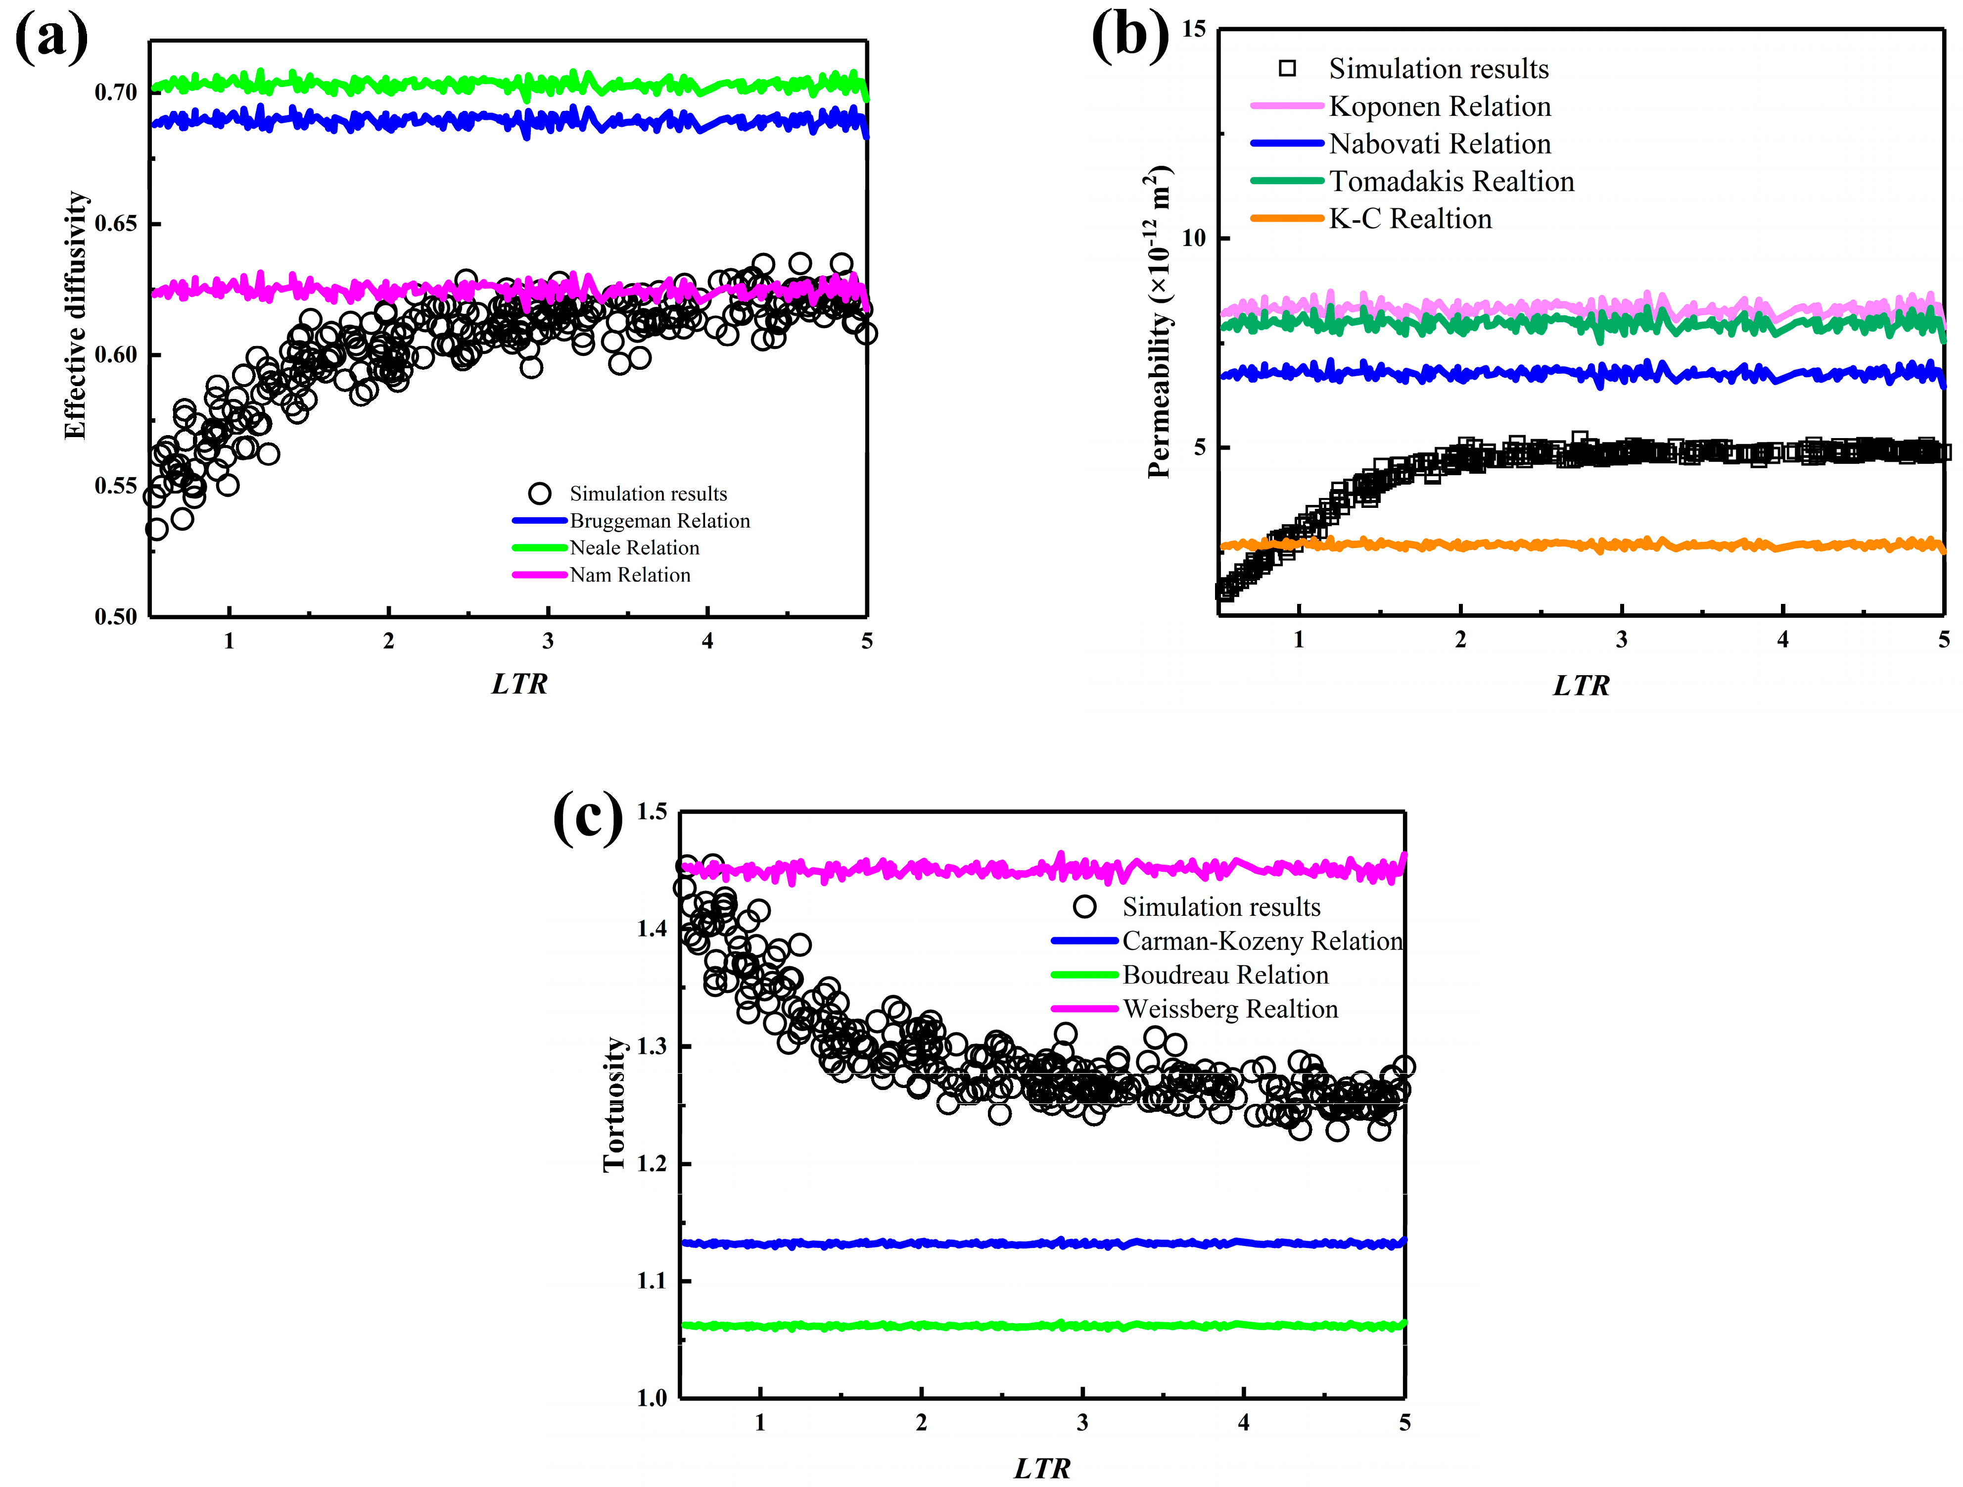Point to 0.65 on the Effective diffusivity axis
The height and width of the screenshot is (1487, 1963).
[116, 224]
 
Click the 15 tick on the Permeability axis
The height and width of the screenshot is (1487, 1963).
[1194, 29]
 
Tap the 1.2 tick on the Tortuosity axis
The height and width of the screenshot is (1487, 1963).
[652, 1164]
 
